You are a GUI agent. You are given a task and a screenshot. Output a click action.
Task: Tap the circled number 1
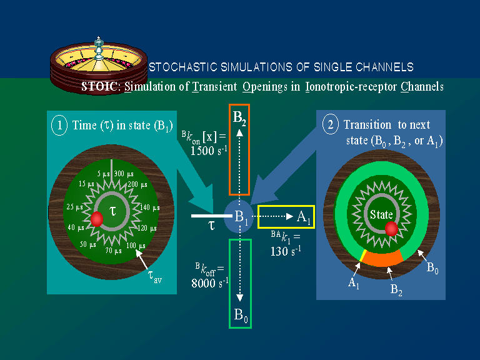61,125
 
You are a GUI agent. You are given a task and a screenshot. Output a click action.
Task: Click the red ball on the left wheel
97,219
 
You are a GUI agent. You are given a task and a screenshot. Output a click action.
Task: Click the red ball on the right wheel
391,229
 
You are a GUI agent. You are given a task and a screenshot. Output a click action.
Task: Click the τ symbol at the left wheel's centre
112,211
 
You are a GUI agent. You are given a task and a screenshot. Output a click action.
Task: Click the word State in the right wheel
381,214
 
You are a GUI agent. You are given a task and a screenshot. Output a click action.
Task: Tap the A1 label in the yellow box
304,217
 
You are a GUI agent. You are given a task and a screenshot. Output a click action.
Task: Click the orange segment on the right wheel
383,258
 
